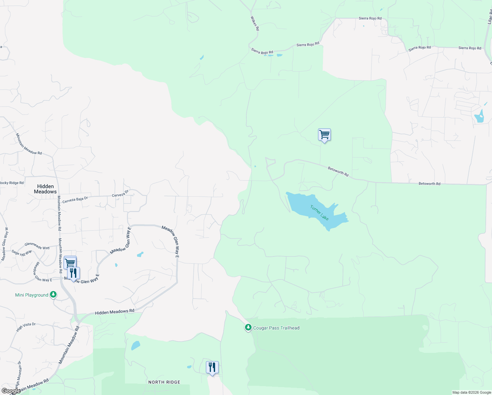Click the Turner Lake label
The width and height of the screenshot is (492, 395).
coord(319,213)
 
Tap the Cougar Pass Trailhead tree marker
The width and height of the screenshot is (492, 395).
coord(248,328)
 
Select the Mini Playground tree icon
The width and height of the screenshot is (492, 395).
coord(53,295)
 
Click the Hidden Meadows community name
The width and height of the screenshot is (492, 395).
coord(45,189)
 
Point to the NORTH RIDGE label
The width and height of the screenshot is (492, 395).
coord(164,382)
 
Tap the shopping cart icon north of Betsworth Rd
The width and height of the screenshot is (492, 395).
coord(324,135)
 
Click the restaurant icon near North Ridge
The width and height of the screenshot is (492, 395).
coord(212,367)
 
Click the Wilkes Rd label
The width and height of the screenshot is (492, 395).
coord(255,23)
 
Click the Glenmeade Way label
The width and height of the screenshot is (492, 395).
coord(37,246)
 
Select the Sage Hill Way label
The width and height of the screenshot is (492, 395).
coord(22,252)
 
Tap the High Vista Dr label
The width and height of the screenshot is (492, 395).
coord(26,327)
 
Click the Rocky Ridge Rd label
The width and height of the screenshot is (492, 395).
coord(12,183)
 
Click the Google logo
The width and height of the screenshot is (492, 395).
coord(11,391)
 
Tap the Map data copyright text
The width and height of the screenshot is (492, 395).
coord(472,392)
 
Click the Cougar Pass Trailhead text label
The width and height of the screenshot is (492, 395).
coord(276,328)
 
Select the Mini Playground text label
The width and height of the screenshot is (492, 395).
coord(32,295)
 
